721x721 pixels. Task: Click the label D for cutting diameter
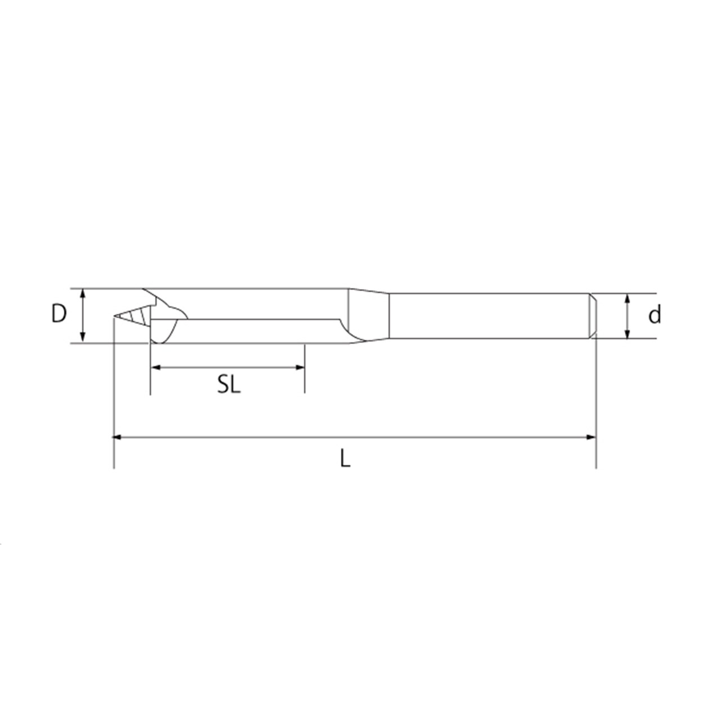point(59,314)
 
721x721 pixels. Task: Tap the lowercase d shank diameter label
point(655,315)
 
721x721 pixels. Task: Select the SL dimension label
point(229,384)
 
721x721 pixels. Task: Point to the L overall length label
point(345,458)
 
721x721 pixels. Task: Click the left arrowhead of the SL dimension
point(155,367)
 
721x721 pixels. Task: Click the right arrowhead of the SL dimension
point(300,367)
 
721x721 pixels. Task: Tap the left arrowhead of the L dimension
point(118,437)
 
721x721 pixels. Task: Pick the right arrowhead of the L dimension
point(591,437)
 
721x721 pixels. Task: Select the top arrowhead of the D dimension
point(83,293)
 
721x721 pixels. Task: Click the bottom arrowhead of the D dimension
point(83,337)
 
